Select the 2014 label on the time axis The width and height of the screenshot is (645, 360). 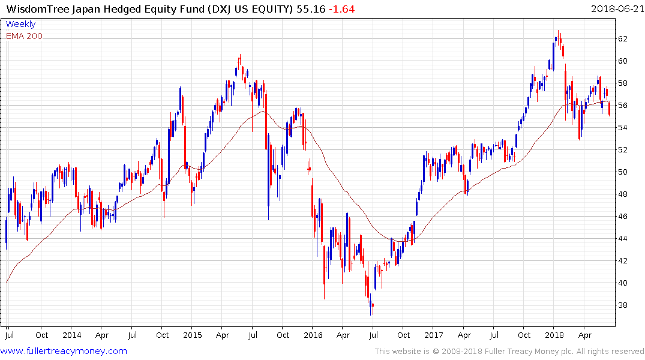click(71, 335)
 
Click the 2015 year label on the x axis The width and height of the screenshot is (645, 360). click(192, 335)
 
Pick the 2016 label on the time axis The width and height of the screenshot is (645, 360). click(313, 335)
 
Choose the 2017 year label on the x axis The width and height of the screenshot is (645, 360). click(433, 335)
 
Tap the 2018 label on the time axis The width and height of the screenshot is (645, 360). click(554, 335)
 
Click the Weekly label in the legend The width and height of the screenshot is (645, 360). click(20, 24)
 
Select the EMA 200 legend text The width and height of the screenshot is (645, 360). click(25, 36)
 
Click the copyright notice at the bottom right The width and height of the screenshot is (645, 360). click(509, 352)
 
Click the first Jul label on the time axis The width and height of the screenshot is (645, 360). click(9, 335)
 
